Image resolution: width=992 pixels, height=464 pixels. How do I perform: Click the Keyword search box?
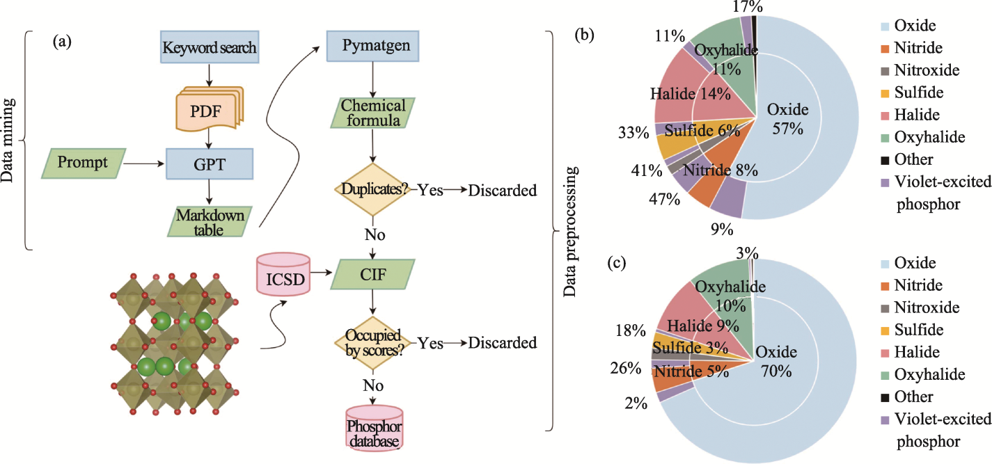pos(210,48)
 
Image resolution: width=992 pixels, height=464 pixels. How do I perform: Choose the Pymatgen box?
pos(375,48)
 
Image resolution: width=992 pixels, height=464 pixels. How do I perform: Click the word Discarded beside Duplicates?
pos(503,190)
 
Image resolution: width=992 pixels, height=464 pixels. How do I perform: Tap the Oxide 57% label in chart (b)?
pos(787,119)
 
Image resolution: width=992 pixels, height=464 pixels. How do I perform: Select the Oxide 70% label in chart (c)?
pos(776,362)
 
